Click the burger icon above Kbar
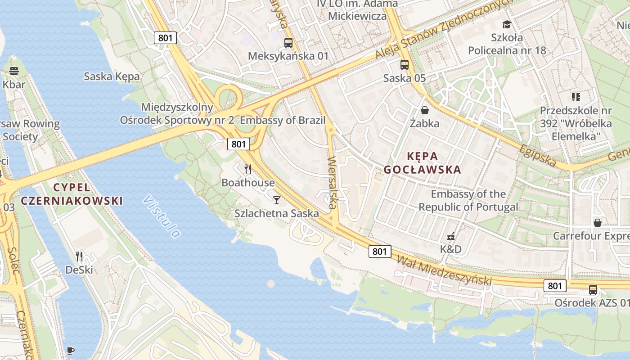tap(13, 71)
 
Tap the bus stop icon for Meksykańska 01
tap(288, 43)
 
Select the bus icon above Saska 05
tap(405, 64)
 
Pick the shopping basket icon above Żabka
tap(424, 110)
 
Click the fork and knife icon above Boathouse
tap(247, 169)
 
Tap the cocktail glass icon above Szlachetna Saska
tap(277, 200)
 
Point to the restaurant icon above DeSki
tap(79, 256)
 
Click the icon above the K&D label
tap(450, 236)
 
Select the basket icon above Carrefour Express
tap(598, 223)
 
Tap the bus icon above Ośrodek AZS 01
tap(593, 290)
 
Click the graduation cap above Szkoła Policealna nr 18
tap(507, 24)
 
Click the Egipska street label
tap(537, 155)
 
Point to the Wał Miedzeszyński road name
tap(443, 270)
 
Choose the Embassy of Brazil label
tap(283, 121)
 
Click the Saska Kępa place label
tap(112, 76)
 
